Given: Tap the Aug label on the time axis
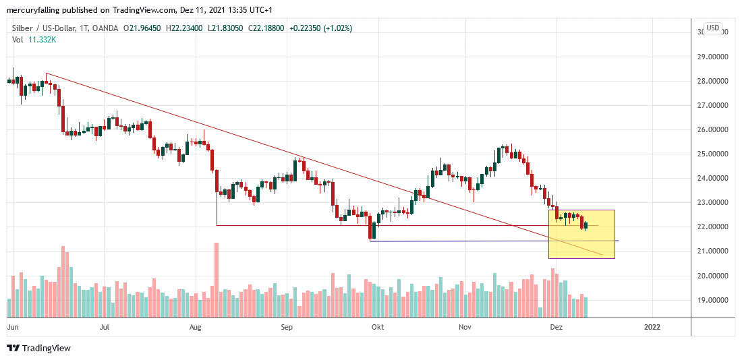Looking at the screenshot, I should [196, 327].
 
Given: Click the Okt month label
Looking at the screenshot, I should [377, 327].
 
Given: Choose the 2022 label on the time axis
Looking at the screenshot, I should [652, 327].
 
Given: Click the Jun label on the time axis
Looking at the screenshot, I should [12, 327].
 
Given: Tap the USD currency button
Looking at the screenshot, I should [712, 28].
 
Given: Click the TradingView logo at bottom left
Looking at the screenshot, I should [38, 348].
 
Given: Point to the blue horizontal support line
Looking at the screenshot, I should [472, 241].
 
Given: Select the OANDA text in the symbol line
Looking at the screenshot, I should [106, 28].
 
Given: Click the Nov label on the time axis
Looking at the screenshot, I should [465, 327].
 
